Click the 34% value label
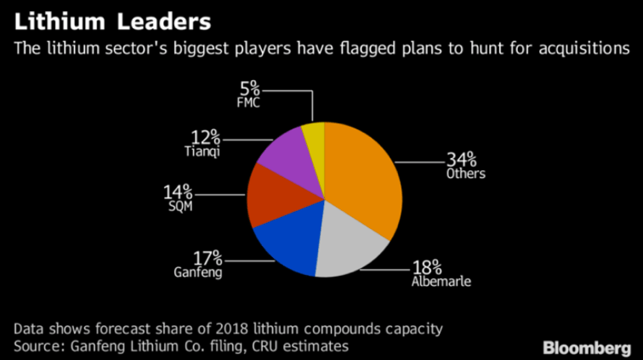pyautogui.click(x=464, y=158)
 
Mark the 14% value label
pyautogui.click(x=179, y=191)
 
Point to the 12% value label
pyautogui.click(x=204, y=137)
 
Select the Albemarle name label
pyautogui.click(x=439, y=280)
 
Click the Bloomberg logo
pyautogui.click(x=586, y=346)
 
